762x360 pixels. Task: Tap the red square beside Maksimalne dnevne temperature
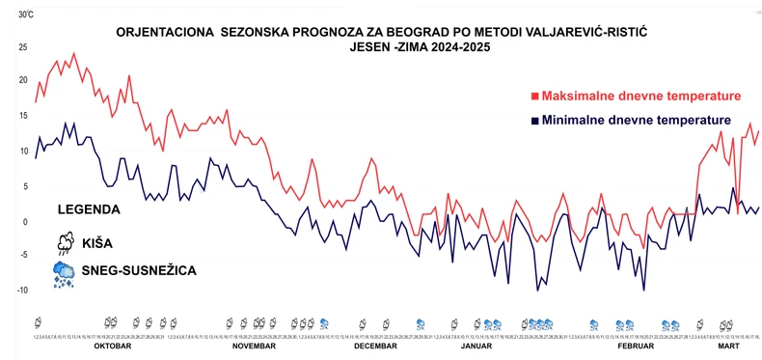[x=534, y=97]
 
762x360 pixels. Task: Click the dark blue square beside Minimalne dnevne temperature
[x=534, y=121]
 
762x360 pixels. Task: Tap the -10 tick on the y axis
[x=22, y=290]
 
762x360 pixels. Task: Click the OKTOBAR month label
[x=113, y=346]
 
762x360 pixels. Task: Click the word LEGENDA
[x=89, y=208]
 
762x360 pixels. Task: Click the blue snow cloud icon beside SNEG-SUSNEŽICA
[x=65, y=273]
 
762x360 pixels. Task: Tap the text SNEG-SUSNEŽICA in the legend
[x=141, y=271]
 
